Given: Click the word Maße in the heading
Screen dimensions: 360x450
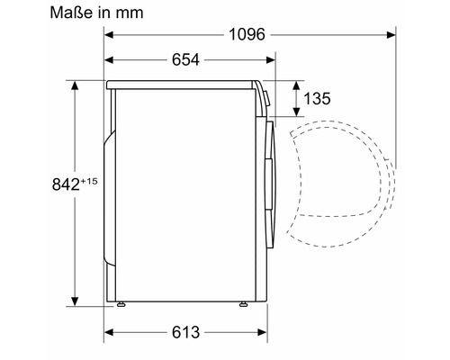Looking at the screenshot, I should click(x=31, y=13).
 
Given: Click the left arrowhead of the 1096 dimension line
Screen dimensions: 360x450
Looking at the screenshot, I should click(x=109, y=37).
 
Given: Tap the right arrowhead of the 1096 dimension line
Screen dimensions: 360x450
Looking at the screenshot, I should click(x=392, y=37).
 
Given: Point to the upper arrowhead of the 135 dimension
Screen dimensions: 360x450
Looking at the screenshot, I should click(x=296, y=85).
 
